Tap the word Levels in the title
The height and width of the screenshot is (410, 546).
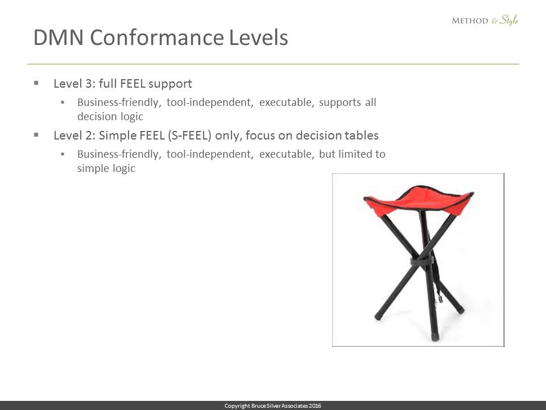[258, 38]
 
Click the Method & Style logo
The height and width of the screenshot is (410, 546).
[485, 20]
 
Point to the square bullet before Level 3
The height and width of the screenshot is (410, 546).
[36, 83]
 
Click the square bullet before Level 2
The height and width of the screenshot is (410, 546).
[36, 134]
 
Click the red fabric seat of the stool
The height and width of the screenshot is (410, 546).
[418, 199]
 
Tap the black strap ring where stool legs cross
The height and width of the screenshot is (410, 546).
[423, 261]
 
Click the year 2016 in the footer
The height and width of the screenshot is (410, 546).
[315, 406]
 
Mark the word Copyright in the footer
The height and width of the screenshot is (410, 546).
[237, 406]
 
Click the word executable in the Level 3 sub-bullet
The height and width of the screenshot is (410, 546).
[286, 102]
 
